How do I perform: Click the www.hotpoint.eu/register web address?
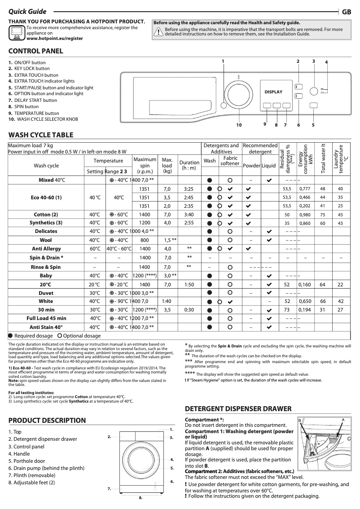click(55, 39)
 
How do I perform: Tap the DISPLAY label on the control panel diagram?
click(273, 92)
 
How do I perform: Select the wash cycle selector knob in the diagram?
click(238, 89)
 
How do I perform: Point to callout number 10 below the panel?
click(239, 125)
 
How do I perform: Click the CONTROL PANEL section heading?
click(36, 51)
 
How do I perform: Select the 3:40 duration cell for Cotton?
click(189, 214)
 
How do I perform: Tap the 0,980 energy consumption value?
click(305, 214)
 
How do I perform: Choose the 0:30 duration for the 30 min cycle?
click(189, 310)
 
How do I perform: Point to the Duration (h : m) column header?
click(189, 165)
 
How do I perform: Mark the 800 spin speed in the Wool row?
click(145, 240)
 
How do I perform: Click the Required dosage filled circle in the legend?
click(10, 336)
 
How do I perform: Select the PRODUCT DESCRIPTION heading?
click(47, 421)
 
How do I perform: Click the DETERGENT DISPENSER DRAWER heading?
click(238, 409)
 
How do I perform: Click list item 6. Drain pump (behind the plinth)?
click(46, 468)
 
